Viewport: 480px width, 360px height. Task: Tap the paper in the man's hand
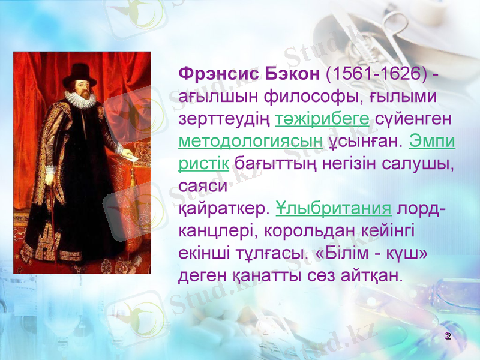tap(130, 154)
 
